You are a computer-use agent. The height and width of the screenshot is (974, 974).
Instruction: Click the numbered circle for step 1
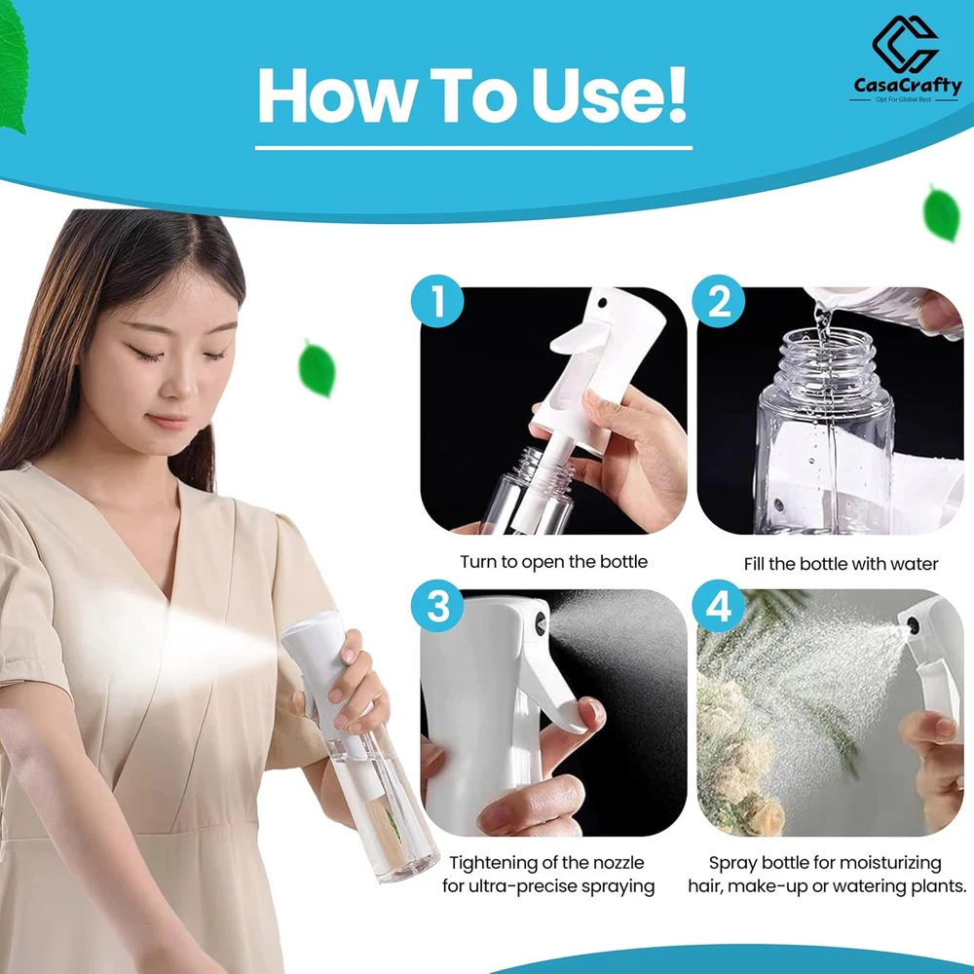[438, 301]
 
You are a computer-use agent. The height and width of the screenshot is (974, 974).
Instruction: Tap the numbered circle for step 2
[719, 301]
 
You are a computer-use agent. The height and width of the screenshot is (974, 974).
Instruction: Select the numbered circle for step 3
[438, 606]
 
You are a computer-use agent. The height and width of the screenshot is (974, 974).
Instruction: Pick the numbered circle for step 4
[719, 606]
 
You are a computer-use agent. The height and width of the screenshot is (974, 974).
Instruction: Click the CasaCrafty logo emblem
[905, 44]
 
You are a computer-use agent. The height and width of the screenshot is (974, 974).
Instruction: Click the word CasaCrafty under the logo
[907, 85]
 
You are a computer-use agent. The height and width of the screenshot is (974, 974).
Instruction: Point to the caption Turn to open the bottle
[553, 562]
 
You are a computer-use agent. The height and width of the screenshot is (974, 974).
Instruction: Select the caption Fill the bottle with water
[841, 563]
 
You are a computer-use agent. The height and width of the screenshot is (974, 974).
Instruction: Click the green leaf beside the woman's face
[318, 368]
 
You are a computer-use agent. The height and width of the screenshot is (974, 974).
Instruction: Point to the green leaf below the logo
[942, 213]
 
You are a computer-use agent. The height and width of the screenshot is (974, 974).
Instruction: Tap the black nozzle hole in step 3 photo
[541, 623]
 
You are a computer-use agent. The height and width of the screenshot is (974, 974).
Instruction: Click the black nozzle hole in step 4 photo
[914, 625]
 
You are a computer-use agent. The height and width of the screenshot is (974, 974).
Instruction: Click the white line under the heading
[473, 148]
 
